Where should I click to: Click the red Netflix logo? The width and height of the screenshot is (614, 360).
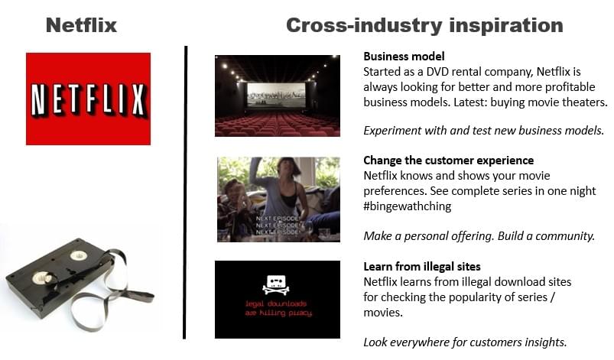pos(88,99)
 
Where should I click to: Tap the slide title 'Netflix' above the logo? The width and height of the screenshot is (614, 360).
pos(82,25)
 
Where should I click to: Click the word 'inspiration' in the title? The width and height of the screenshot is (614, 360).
pos(506,26)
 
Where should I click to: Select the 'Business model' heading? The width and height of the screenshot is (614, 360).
pos(404,57)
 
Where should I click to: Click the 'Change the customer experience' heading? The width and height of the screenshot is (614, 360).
pos(448,161)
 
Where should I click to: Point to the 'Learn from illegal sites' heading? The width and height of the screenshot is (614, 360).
pos(422,267)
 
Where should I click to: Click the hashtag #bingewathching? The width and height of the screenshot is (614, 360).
pos(408,206)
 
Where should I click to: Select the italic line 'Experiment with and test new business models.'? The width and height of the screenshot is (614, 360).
pos(483,131)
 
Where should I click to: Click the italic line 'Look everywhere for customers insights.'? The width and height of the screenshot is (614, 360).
pos(465,342)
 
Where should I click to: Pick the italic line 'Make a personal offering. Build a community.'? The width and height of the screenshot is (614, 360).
pos(479,236)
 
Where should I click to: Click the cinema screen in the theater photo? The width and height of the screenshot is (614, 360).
pos(276,95)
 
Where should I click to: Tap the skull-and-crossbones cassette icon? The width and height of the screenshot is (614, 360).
pos(276,284)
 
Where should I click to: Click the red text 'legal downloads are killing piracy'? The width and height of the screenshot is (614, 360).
pos(278,308)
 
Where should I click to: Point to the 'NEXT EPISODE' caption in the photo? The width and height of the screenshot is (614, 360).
pos(278,225)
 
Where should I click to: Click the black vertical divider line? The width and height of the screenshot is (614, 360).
pos(185,193)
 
